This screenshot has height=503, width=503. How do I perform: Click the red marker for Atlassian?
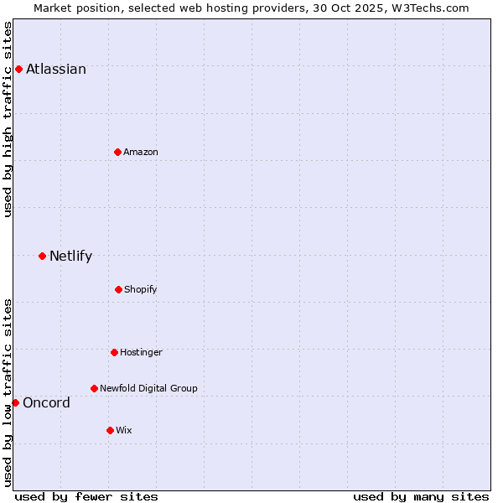coord(18,69)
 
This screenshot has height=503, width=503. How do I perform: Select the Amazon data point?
coord(117,152)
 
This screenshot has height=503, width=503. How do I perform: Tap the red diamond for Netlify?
coord(42,256)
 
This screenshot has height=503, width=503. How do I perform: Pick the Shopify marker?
coord(118,289)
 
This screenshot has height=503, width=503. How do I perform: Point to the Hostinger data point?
coord(114,352)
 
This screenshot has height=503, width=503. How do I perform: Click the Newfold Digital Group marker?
coord(94,388)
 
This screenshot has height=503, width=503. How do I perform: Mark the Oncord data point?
coord(15,402)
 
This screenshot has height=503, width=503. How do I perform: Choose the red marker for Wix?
coord(110,430)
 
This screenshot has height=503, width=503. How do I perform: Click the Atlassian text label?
coord(56,69)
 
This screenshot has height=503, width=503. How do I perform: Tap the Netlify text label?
coord(70,256)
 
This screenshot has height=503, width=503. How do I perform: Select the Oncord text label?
coord(46,402)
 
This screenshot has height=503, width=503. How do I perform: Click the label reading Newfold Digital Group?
coord(148,388)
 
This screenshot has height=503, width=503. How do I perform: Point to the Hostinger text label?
coord(141,352)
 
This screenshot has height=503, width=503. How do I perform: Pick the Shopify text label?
coord(140,289)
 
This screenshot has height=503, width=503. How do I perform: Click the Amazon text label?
coord(141,152)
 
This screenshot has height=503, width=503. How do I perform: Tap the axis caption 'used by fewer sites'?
coord(86,496)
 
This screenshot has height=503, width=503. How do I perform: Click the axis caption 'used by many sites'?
coord(421,496)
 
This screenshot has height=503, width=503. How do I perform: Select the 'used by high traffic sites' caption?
coord(8,119)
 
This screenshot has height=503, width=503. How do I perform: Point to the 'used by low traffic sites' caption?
coord(8,392)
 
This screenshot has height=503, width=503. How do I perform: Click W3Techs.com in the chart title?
coord(427,8)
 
